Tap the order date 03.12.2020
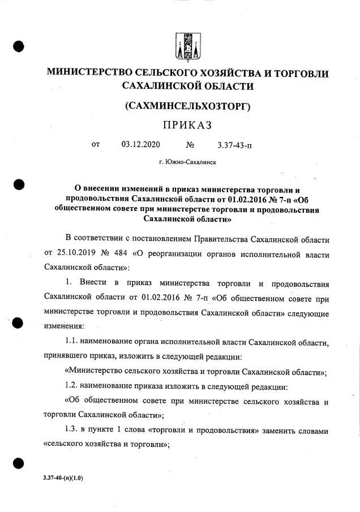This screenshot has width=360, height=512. [140, 145]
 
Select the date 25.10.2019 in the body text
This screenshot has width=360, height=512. [77, 252]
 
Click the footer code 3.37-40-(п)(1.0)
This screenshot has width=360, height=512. [63, 478]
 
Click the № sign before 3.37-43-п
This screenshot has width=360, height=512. [190, 145]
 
